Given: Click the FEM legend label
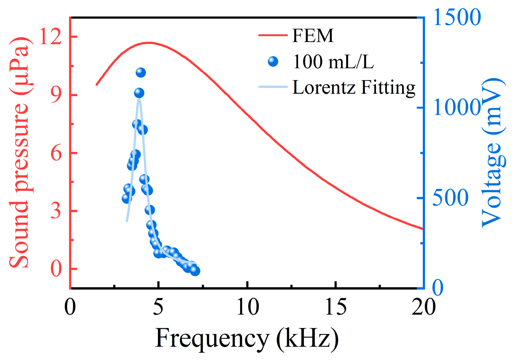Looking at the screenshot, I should tap(312, 35).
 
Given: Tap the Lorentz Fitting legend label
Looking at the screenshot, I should tap(354, 87).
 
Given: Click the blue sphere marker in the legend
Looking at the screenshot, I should tap(273, 61).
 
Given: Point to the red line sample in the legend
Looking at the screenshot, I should tap(273, 35).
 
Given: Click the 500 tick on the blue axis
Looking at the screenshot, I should tap(450, 198).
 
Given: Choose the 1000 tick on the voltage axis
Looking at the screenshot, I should tap(457, 108).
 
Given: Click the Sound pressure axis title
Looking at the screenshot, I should tap(19, 153).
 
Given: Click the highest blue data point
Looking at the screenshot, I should tap(140, 73).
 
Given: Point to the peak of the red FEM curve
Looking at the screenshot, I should tap(148, 42).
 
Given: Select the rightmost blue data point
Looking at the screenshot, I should tap(195, 271).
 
